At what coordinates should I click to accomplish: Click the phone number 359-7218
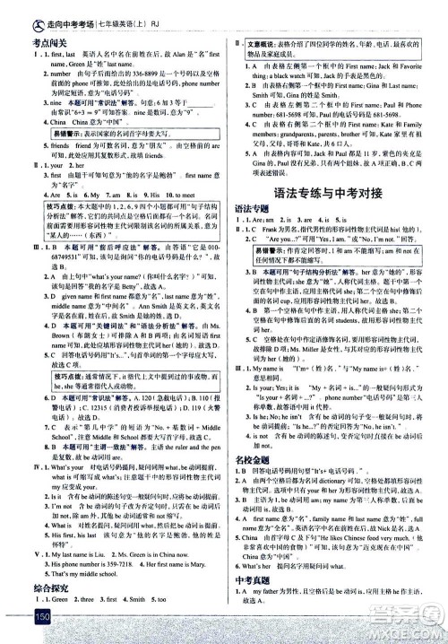coord(102,559)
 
